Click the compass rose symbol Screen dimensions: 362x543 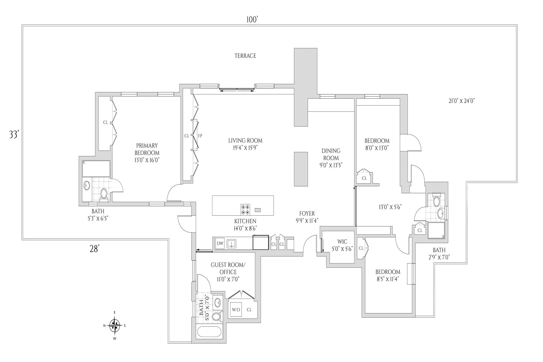pyautogui.click(x=115, y=325)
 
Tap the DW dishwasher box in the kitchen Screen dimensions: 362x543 pyautogui.click(x=220, y=243)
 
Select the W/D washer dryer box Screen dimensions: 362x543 pyautogui.click(x=236, y=310)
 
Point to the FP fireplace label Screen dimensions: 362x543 pyautogui.click(x=200, y=136)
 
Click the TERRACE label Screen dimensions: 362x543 pyautogui.click(x=245, y=56)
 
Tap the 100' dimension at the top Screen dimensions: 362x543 pyautogui.click(x=252, y=20)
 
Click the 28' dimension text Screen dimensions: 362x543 pyautogui.click(x=94, y=249)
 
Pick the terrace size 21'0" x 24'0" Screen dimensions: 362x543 pyautogui.click(x=462, y=101)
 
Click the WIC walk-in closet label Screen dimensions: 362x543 pyautogui.click(x=342, y=242)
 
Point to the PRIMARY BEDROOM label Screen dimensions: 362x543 pyautogui.click(x=147, y=149)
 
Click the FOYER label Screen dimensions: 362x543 pyautogui.click(x=307, y=214)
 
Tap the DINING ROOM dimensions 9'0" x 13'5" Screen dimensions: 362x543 pyautogui.click(x=331, y=165)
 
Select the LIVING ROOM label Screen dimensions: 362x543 pyautogui.click(x=245, y=141)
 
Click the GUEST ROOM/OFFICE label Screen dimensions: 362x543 pyautogui.click(x=228, y=268)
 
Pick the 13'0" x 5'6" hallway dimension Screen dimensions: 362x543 pyautogui.click(x=390, y=207)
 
